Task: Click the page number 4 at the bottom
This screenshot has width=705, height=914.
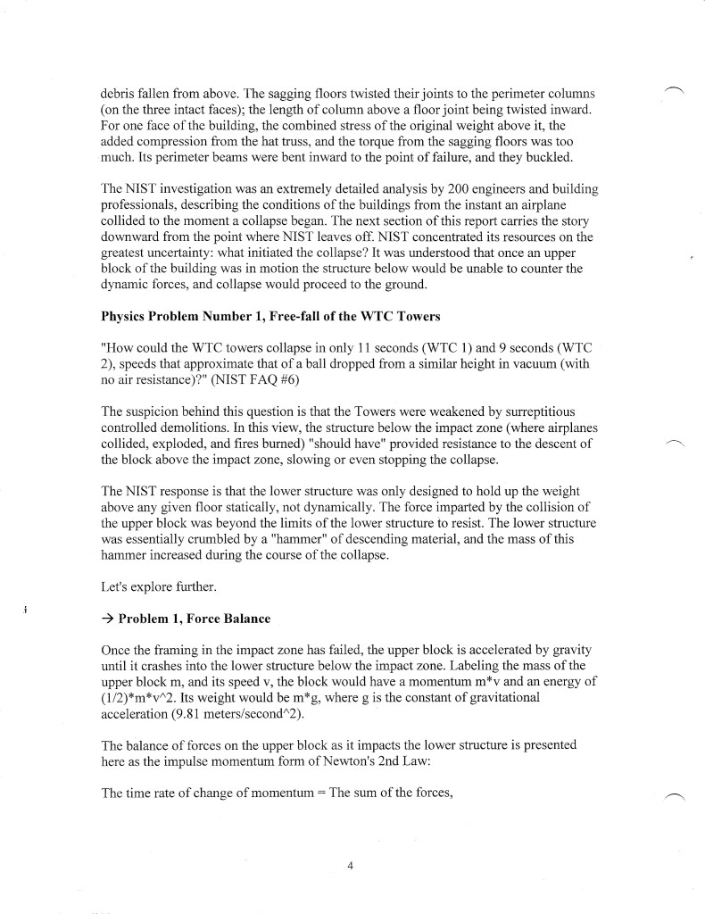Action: (352, 863)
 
